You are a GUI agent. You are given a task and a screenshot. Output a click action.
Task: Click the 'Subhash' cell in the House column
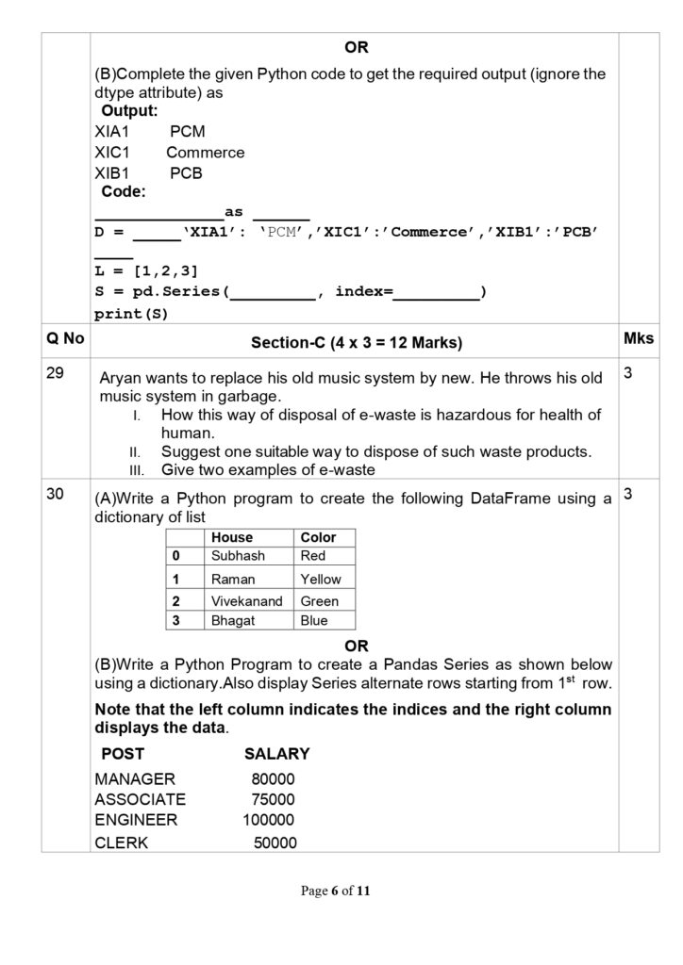238,556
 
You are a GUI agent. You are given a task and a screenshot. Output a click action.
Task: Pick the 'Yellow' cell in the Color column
321,579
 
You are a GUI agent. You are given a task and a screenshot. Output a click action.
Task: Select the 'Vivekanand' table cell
246,600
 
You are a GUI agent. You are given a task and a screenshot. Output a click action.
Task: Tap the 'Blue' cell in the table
314,620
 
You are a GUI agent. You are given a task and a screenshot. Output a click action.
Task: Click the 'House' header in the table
232,537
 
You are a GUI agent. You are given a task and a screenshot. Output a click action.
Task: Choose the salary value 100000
269,820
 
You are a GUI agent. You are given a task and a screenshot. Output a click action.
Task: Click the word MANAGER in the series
135,779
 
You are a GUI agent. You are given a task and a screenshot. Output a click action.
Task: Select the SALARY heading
276,754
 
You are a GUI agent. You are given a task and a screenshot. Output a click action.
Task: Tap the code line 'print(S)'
131,313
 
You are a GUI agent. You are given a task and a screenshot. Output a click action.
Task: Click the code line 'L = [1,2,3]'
146,271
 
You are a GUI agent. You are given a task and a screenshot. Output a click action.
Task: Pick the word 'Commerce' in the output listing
205,153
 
